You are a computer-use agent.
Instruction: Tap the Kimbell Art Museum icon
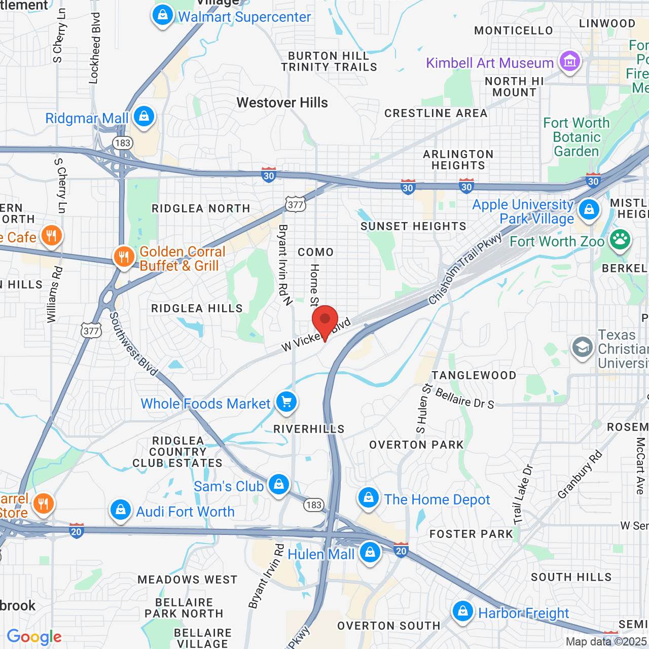(x=569, y=62)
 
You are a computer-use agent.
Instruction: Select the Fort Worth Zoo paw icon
(x=620, y=240)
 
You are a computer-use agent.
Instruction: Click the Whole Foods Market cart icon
(x=286, y=402)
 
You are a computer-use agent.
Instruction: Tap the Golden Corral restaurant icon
(x=124, y=257)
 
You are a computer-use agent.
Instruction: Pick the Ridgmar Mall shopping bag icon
(x=144, y=117)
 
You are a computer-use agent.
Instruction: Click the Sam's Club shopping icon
(x=278, y=485)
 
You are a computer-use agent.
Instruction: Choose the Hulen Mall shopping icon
(x=370, y=552)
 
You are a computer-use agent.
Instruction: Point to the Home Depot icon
(x=369, y=498)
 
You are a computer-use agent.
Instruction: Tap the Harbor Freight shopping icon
(x=462, y=611)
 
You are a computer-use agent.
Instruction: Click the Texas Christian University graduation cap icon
(x=583, y=347)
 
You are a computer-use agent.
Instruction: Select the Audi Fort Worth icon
(x=121, y=510)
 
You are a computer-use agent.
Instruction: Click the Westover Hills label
(x=282, y=103)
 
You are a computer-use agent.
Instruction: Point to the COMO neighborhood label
(x=315, y=253)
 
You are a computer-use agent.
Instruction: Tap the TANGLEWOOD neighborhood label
(x=474, y=376)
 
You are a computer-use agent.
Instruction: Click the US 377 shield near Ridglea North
(x=295, y=205)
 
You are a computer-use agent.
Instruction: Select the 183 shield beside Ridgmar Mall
(x=123, y=143)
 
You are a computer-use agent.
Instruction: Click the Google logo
(x=34, y=637)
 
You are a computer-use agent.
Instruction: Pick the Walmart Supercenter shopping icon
(x=163, y=16)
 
